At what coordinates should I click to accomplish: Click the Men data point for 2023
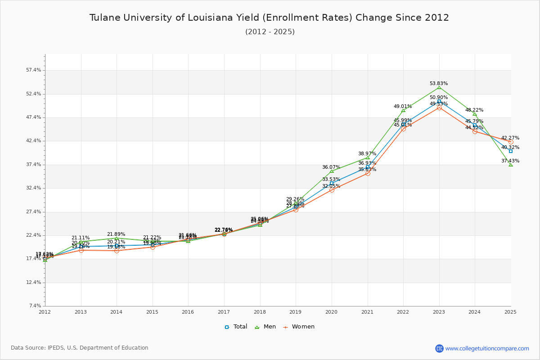(439, 87)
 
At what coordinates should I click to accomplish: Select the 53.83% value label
(439, 83)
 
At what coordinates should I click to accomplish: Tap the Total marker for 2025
(511, 151)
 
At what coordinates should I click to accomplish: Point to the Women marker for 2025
(511, 142)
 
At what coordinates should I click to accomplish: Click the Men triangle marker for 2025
(511, 165)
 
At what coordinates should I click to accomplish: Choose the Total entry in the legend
(236, 327)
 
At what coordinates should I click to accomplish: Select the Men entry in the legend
(266, 327)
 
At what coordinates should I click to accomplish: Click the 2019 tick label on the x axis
(296, 311)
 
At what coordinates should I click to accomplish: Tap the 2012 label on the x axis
(45, 311)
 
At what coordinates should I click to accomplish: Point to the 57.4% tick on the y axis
(34, 70)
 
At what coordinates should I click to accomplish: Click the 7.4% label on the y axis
(35, 306)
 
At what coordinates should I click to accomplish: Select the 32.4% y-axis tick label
(34, 188)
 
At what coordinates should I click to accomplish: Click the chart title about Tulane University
(269, 18)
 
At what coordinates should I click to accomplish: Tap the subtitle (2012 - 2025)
(270, 31)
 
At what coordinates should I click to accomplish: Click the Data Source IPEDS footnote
(80, 348)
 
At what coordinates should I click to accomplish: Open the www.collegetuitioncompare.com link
(487, 348)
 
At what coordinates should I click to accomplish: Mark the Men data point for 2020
(332, 171)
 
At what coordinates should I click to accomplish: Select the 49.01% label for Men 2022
(403, 106)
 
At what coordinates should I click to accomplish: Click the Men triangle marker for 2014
(117, 238)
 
